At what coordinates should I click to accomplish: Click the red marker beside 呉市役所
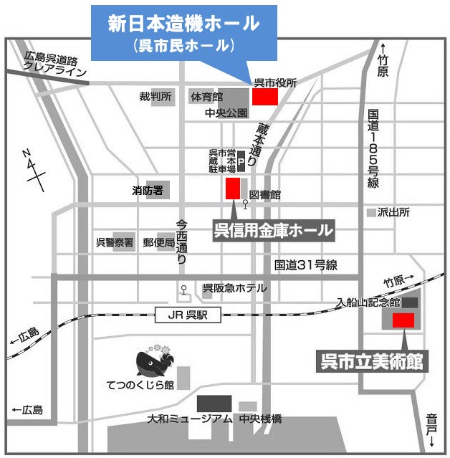(264, 97)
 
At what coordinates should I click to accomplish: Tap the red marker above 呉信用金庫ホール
(233, 189)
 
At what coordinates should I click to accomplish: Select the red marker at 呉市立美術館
(403, 320)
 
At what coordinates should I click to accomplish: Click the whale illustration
(153, 364)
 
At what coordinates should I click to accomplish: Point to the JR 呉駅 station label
(188, 314)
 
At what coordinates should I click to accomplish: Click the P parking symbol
(241, 163)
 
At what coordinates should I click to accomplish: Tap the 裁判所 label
(155, 95)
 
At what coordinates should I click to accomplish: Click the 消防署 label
(148, 191)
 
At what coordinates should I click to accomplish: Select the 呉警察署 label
(115, 243)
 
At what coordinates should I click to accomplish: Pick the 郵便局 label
(158, 243)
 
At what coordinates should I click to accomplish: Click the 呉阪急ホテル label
(234, 288)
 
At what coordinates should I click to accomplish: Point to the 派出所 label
(393, 213)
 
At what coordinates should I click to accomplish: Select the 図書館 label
(265, 195)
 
